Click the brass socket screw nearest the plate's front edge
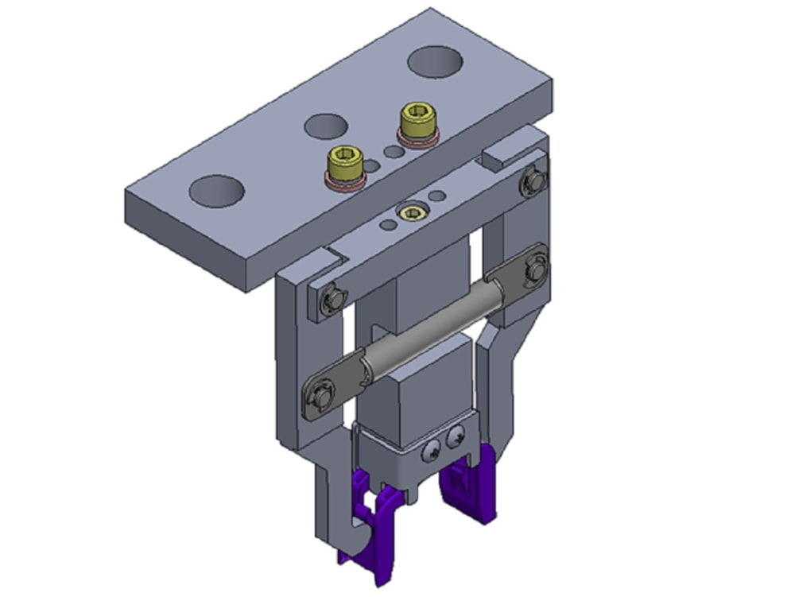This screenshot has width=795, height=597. (345, 163)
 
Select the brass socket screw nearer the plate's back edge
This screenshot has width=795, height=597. (416, 122)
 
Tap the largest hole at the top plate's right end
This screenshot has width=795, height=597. (436, 62)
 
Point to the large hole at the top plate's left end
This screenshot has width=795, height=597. (216, 192)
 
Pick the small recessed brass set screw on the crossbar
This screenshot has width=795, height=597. (412, 212)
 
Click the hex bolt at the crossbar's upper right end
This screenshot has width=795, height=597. (532, 182)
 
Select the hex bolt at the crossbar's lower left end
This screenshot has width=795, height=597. (332, 299)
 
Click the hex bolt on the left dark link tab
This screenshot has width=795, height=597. (321, 393)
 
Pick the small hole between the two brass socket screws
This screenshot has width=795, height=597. (392, 150)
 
